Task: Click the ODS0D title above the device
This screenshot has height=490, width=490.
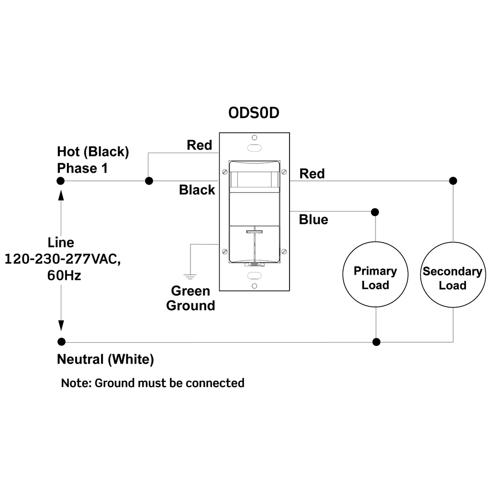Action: point(254,113)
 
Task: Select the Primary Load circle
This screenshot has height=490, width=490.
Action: point(375,278)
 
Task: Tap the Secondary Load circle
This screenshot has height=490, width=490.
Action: point(453,278)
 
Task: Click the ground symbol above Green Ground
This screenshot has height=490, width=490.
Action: point(190,276)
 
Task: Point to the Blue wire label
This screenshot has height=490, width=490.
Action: point(313,220)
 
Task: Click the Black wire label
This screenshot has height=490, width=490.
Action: point(197,190)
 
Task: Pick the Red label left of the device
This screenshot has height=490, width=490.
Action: point(199,145)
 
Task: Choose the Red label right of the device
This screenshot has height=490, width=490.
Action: point(312,174)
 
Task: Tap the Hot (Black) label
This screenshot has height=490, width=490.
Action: point(93,152)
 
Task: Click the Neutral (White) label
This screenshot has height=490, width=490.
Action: point(105,359)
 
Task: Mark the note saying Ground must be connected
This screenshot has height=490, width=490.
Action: point(153,383)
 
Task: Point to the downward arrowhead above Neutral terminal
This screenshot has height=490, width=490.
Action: point(61,325)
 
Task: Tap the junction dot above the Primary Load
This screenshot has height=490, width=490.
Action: point(375,212)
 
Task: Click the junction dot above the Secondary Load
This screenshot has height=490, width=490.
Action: point(453,181)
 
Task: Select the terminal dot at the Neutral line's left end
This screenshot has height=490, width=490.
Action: point(61,342)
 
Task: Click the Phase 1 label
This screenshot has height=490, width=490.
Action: point(82,168)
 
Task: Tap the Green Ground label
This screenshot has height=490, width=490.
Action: point(190,298)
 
